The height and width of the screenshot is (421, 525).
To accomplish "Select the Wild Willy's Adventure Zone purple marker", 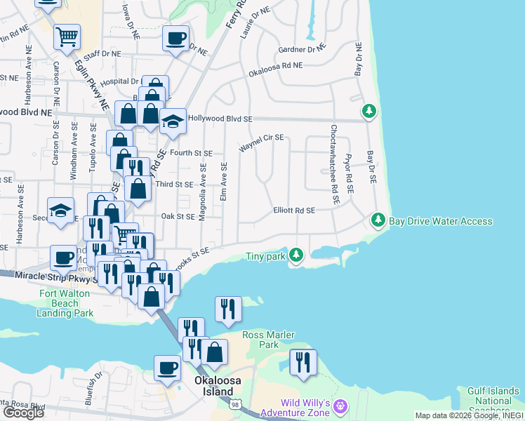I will pyautogui.click(x=341, y=406).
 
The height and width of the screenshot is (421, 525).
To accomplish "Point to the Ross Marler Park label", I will pyautogui.click(x=260, y=340).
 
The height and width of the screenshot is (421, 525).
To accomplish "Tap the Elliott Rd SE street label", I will pyautogui.click(x=294, y=210).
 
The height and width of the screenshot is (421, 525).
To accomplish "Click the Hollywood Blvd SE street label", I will pyautogui.click(x=220, y=119).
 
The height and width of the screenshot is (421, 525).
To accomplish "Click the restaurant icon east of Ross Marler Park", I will pyautogui.click(x=303, y=362).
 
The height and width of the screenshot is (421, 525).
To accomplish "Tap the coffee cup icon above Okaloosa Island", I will pyautogui.click(x=168, y=367).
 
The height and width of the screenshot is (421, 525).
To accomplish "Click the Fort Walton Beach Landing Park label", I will pyautogui.click(x=67, y=303).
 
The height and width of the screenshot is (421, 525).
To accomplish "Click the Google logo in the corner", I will pyautogui.click(x=23, y=412).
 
